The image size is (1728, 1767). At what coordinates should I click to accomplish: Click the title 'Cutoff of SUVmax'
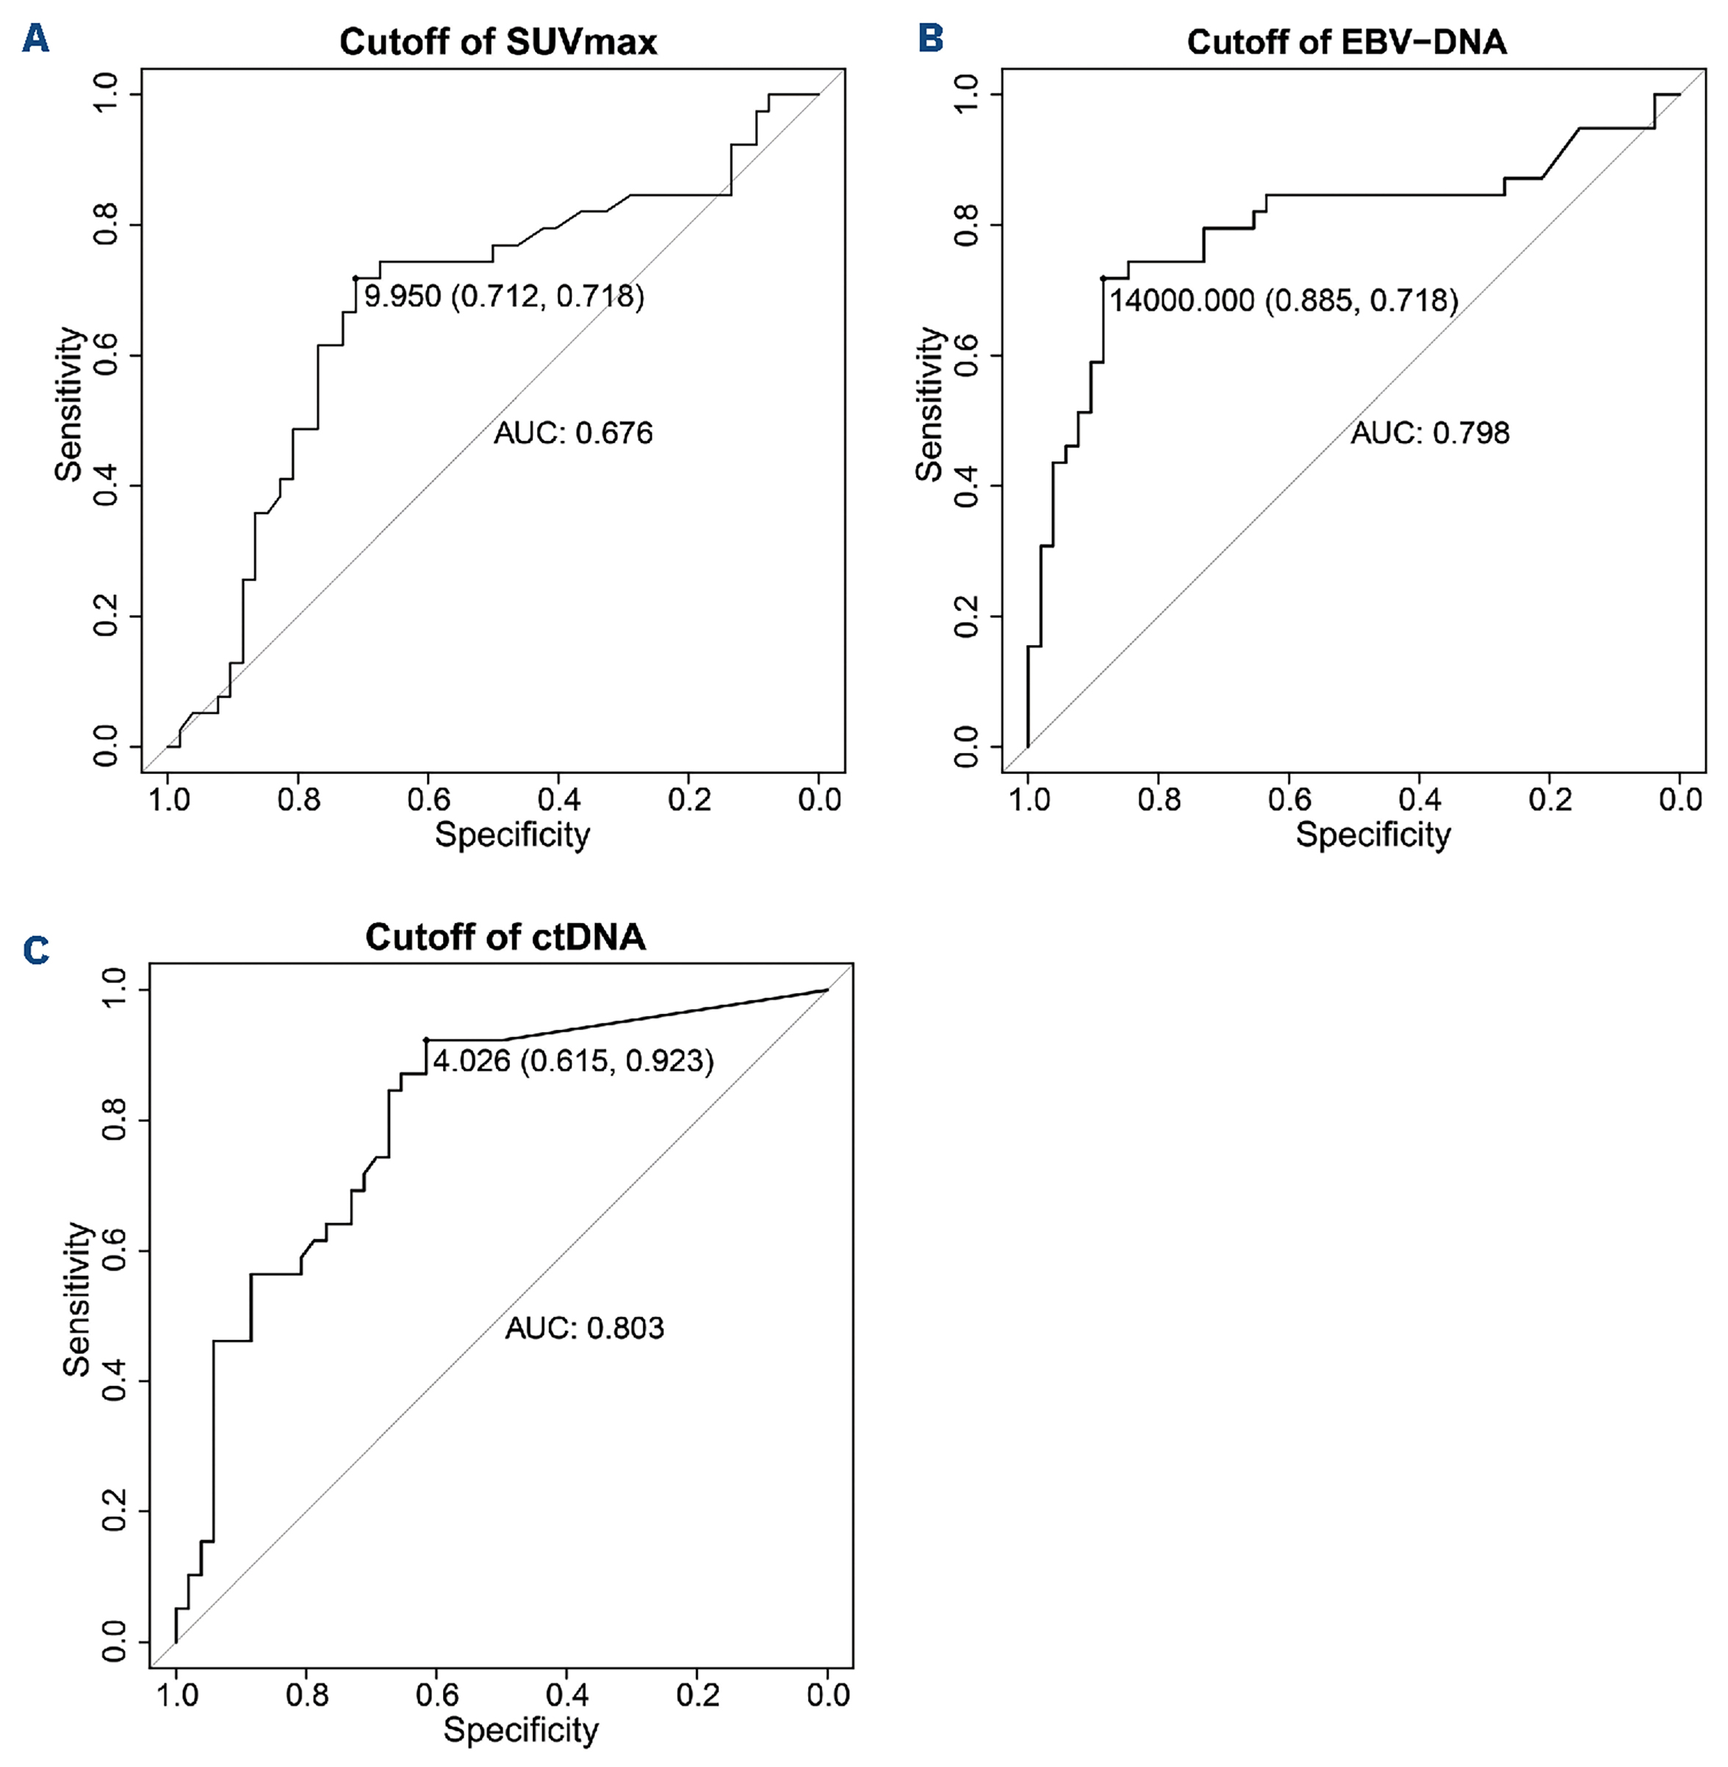click(x=497, y=42)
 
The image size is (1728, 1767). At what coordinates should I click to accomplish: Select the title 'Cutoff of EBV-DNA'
click(x=1347, y=42)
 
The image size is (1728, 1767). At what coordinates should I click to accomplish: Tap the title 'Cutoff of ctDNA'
click(x=505, y=937)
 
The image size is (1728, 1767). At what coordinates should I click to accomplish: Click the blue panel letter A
click(x=35, y=39)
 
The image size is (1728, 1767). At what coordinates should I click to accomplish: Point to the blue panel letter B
click(x=931, y=39)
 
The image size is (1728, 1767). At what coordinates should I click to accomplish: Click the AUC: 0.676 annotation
click(x=572, y=433)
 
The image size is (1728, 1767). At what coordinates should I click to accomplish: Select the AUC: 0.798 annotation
click(x=1430, y=433)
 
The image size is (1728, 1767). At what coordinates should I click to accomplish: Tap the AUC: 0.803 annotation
click(x=585, y=1328)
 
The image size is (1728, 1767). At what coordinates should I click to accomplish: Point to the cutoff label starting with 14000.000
click(x=1284, y=301)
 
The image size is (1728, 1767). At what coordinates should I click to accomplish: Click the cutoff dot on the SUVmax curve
click(x=356, y=278)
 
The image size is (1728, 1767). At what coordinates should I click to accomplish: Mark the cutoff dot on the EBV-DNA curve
click(x=1103, y=278)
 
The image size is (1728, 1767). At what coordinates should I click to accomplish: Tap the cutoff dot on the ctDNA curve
click(x=425, y=1039)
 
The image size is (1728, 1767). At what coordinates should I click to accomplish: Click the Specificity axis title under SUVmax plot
click(x=512, y=834)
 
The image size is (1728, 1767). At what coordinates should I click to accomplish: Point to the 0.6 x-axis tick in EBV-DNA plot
click(x=1289, y=799)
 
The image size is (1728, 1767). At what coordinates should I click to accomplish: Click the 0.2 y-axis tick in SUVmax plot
click(x=107, y=616)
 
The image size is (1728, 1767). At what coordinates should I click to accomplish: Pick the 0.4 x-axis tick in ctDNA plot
click(x=566, y=1694)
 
